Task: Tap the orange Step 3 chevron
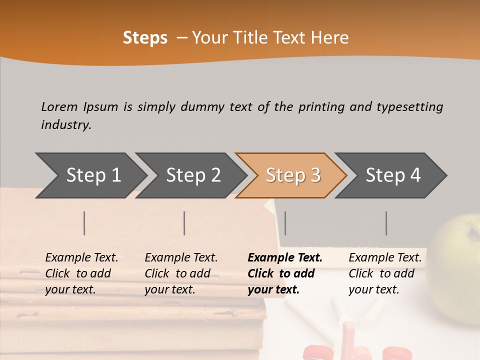tap(293, 175)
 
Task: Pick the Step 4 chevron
tap(393, 175)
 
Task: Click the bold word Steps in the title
tap(145, 38)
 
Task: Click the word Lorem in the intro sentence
tap(59, 106)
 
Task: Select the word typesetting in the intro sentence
tap(409, 106)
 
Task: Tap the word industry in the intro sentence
tap(66, 124)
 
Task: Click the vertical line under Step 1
tap(84, 223)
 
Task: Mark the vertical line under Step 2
tap(184, 223)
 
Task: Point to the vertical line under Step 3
tap(285, 223)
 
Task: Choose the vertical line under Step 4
tap(386, 223)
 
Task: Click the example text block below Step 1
tap(81, 273)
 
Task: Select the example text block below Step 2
tap(181, 273)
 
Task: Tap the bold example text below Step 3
tap(285, 273)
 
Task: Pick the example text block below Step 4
tap(385, 273)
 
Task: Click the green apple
tap(457, 260)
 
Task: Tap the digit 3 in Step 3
tap(315, 175)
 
